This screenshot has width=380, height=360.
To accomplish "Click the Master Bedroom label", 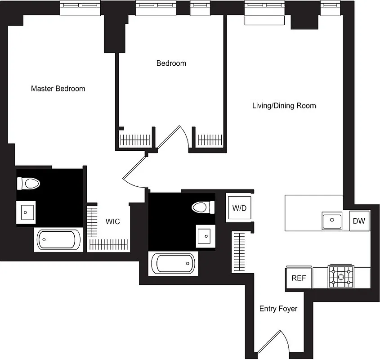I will pos(58,89).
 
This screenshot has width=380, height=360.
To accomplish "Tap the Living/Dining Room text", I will pos(284,106).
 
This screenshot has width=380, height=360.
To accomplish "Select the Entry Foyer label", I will pos(278,309).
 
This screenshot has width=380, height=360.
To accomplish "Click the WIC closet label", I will pos(112,221).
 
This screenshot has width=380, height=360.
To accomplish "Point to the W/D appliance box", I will pos(239,208).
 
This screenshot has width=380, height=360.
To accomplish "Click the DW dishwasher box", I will pos(359,220).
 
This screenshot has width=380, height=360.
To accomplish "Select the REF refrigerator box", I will pos(299,278).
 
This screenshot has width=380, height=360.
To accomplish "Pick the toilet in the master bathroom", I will pos(28,183).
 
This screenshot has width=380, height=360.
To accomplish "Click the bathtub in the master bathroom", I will pos(58,240).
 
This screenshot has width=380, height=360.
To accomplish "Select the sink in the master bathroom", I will pos(27,211).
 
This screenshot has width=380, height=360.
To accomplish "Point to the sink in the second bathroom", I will pos(205,235).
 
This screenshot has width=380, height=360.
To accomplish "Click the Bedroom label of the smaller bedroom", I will pos(171,63).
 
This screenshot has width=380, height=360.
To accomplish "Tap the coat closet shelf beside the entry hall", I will pos(238,252).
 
